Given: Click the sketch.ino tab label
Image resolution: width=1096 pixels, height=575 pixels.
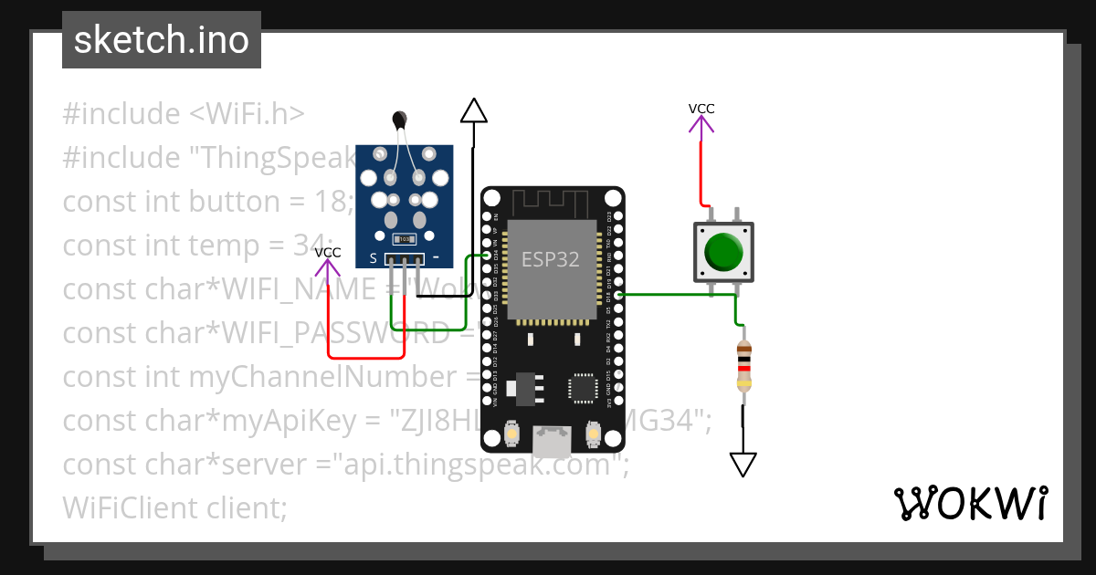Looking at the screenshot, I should point(162,41).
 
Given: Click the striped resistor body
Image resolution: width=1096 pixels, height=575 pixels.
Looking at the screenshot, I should point(744,366).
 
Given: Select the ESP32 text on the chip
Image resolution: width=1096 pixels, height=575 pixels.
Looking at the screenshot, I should point(550,259).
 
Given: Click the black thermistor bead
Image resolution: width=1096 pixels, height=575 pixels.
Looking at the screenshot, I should point(399,118).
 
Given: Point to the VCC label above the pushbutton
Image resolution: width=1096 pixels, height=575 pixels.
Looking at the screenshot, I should point(701,109).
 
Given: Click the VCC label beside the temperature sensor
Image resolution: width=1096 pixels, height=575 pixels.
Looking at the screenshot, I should point(328,252).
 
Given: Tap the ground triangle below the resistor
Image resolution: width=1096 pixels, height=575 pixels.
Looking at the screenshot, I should point(743,464).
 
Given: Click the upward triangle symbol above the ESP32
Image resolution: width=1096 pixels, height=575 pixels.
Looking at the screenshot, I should point(473,110).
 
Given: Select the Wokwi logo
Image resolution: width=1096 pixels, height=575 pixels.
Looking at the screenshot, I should point(970,504).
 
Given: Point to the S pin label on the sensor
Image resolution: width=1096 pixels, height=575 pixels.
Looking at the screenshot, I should point(373,258).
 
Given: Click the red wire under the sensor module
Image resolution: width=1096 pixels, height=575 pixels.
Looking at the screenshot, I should point(365,357).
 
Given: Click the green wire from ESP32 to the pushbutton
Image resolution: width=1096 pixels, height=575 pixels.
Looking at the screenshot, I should point(676,295).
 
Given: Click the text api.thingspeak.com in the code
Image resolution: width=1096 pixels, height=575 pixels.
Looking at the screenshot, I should point(475,464).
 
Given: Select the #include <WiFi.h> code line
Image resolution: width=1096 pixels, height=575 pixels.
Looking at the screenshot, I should point(183,114).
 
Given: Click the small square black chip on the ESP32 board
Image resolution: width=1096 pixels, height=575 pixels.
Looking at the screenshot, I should point(582,387).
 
